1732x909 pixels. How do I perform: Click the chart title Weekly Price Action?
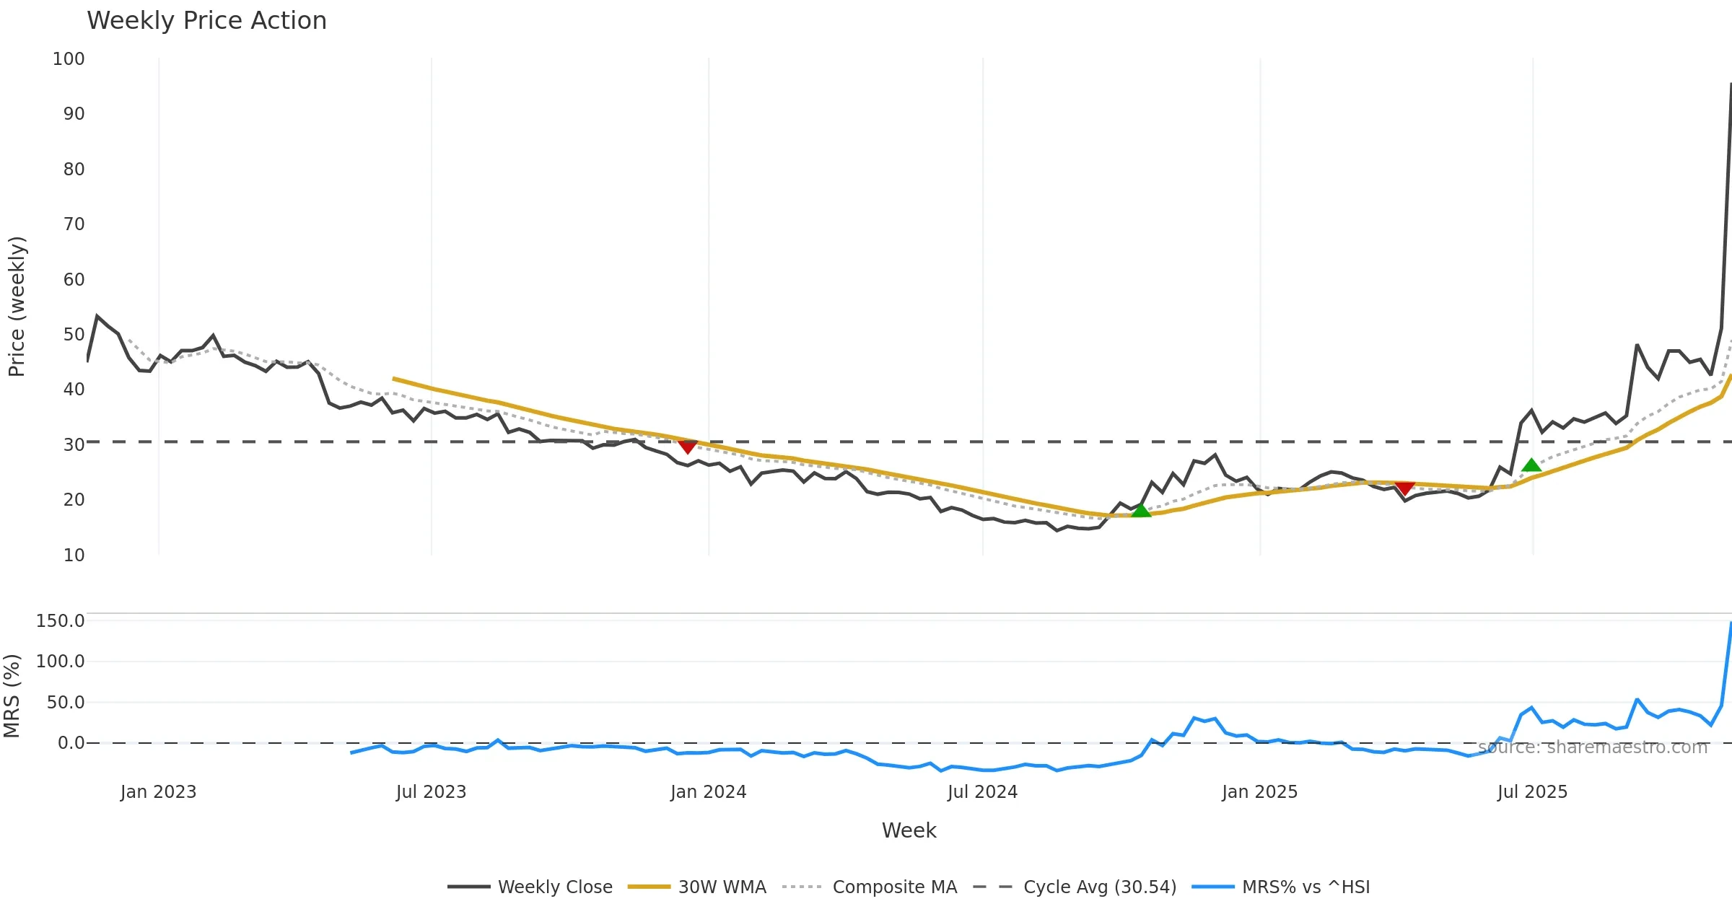[x=206, y=21]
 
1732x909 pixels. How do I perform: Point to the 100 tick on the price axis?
[x=69, y=59]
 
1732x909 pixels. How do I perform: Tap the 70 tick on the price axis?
[x=74, y=224]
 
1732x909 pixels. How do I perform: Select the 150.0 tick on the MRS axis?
[x=61, y=621]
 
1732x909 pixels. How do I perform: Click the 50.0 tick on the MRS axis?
[x=66, y=703]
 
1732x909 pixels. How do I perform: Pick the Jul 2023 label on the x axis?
[x=431, y=792]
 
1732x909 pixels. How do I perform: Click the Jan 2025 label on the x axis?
[x=1259, y=792]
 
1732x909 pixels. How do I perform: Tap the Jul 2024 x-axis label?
[x=982, y=792]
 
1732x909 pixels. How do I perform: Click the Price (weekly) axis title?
[x=17, y=307]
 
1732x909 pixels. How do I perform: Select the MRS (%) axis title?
[x=12, y=696]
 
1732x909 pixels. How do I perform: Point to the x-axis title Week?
[x=909, y=831]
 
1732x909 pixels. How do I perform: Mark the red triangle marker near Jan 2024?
[x=688, y=447]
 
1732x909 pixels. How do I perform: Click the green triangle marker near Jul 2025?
[x=1531, y=465]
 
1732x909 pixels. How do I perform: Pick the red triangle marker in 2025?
[x=1404, y=488]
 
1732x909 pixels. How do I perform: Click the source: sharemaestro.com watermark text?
[x=1593, y=747]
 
